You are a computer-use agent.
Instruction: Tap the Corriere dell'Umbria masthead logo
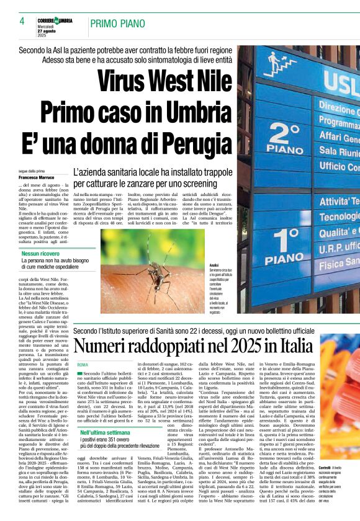[63, 20]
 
